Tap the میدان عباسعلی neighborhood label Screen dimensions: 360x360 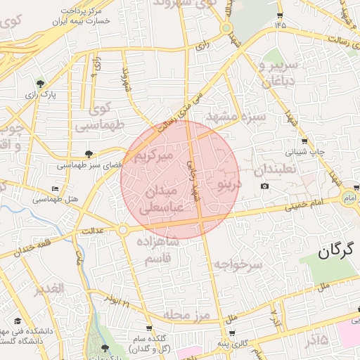pyautogui.click(x=162, y=200)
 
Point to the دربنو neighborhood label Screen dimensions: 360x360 pyautogui.click(x=229, y=185)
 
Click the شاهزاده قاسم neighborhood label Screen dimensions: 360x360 pyautogui.click(x=158, y=250)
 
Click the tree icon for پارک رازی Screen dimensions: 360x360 pyautogui.click(x=40, y=83)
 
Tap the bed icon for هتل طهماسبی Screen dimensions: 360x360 pyautogui.click(x=55, y=188)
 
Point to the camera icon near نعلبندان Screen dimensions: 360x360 pyautogui.click(x=264, y=186)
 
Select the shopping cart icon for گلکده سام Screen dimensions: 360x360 pyautogui.click(x=149, y=328)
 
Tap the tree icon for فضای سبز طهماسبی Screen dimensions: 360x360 pyautogui.click(x=89, y=153)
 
